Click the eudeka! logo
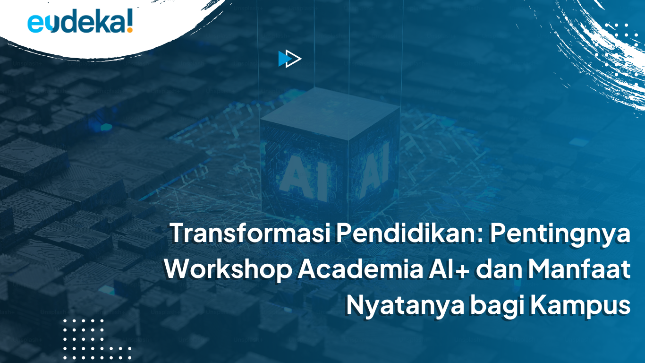[x=80, y=22]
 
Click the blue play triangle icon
[x=285, y=59]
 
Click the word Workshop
[x=228, y=269]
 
